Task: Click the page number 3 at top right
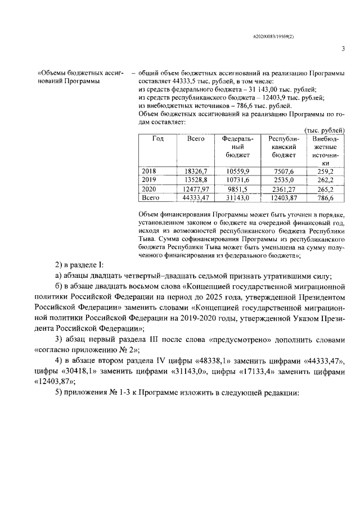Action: tap(343, 48)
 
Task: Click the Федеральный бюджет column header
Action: tap(238, 146)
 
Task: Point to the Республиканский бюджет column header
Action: tap(283, 146)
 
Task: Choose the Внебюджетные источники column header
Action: tap(325, 150)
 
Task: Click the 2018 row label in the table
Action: tap(149, 170)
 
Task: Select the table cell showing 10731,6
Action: tap(238, 179)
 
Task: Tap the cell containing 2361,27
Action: tap(283, 189)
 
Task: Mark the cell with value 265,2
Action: tap(325, 189)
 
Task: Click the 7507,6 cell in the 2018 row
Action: tap(283, 170)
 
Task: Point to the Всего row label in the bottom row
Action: tap(151, 198)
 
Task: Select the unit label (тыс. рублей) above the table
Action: tap(328, 130)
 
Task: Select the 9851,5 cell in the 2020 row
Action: tap(238, 189)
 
